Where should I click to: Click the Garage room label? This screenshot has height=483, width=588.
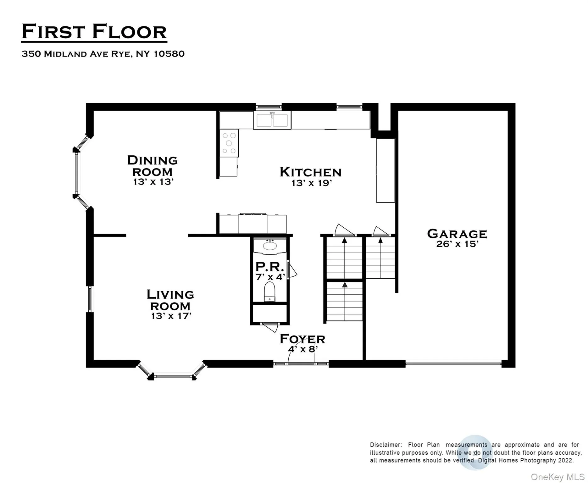pos(457,234)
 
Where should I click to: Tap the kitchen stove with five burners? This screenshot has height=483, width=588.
pos(229,143)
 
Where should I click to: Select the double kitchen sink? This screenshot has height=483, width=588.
pos(272,120)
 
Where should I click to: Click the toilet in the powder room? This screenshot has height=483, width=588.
pos(269,291)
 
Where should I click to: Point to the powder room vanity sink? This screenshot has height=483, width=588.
pos(270,245)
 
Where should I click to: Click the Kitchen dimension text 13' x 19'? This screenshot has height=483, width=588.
pos(312,183)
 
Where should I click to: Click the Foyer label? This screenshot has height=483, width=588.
pos(302,339)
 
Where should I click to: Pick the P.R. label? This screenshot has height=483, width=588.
pos(269,267)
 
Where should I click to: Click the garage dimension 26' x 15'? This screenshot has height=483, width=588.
pos(457,244)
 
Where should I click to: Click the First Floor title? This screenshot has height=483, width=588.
pos(94,32)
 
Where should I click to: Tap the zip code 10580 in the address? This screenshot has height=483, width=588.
pos(169,54)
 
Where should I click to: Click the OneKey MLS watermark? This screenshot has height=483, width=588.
pos(557,477)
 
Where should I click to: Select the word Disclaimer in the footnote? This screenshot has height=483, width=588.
pos(386,445)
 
